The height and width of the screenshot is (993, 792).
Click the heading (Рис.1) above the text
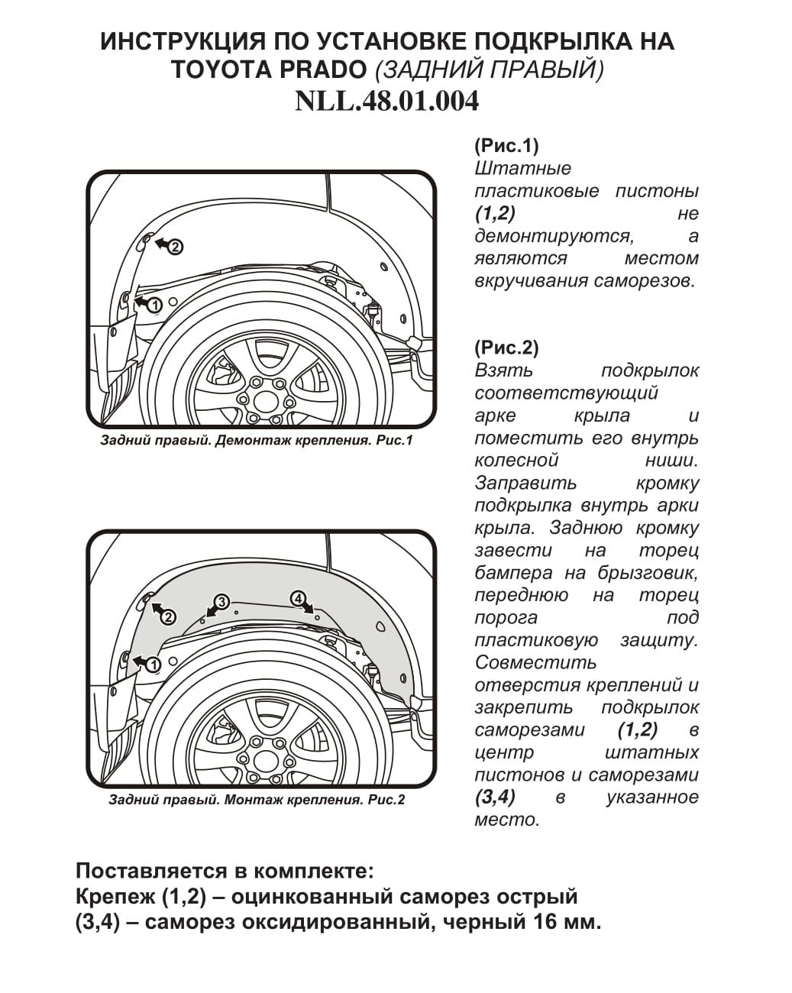pyautogui.click(x=506, y=146)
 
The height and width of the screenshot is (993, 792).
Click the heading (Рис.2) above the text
pyautogui.click(x=506, y=348)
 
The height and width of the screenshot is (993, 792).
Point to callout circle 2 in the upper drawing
pyautogui.click(x=175, y=247)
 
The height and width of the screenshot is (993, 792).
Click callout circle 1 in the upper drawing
pyautogui.click(x=155, y=305)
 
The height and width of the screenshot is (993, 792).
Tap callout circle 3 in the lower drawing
pyautogui.click(x=221, y=602)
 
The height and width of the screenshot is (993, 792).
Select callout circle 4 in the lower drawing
pyautogui.click(x=298, y=599)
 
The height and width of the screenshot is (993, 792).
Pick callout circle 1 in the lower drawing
pyautogui.click(x=153, y=665)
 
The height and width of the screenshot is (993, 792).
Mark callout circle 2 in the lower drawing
pyautogui.click(x=168, y=617)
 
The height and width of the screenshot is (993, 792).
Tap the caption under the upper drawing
pyautogui.click(x=256, y=441)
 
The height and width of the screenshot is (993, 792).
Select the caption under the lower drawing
pyautogui.click(x=257, y=800)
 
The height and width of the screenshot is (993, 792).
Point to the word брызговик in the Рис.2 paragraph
pyautogui.click(x=647, y=573)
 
